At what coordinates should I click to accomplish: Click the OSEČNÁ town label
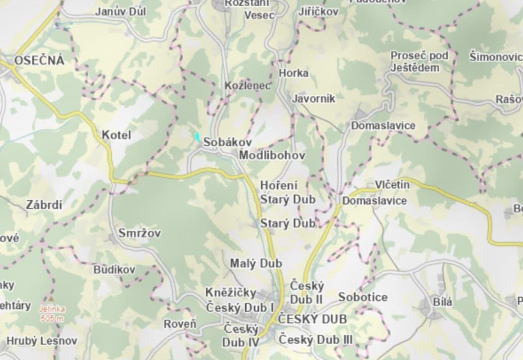[x=39, y=61]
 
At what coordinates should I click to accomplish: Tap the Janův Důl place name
[x=120, y=12]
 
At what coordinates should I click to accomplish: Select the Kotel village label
[x=116, y=135]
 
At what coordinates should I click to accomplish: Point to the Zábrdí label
[x=44, y=205]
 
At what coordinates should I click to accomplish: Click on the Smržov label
[x=140, y=233]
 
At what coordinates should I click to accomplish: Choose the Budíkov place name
[x=114, y=270]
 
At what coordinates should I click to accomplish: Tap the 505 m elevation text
[x=52, y=319]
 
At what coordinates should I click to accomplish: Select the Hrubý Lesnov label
[x=41, y=341]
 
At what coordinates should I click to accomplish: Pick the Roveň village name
[x=180, y=324]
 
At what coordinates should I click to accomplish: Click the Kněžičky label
[x=230, y=292]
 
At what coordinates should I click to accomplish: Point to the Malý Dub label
[x=256, y=263]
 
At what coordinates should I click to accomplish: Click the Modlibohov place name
[x=272, y=156]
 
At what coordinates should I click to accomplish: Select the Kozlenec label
[x=248, y=85]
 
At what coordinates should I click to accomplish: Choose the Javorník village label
[x=314, y=99]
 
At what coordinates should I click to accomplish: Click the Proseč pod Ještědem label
[x=419, y=62]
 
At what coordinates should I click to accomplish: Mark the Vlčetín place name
[x=392, y=184]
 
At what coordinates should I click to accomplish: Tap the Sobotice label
[x=363, y=297]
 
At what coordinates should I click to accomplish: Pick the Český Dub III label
[x=316, y=339]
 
